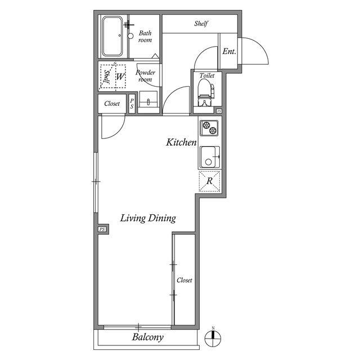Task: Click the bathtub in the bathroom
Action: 112,36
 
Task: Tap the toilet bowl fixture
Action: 206,92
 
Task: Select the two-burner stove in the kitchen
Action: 209,128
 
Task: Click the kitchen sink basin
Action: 210,157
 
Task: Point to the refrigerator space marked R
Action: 209,181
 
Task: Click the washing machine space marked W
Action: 120,76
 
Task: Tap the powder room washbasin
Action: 148,99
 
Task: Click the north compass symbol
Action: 213,338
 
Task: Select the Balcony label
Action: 147,337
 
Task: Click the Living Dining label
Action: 148,218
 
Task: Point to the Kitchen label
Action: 181,142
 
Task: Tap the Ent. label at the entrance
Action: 229,51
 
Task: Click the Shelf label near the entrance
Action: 201,24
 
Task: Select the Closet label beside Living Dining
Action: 184,280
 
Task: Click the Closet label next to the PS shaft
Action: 112,103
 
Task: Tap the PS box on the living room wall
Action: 102,229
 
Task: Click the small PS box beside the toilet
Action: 219,111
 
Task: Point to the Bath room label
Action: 145,37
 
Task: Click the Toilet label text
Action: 207,75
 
